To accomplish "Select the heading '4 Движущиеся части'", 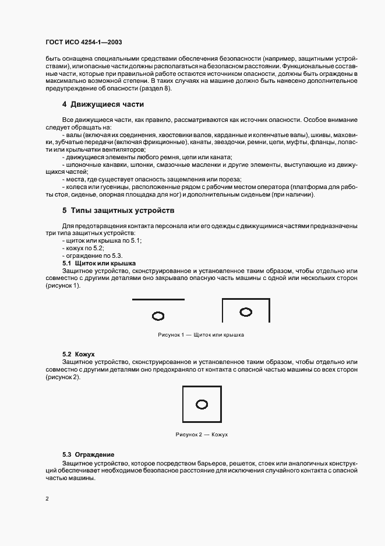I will coord(103,105).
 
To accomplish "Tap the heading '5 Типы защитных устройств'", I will coord(119,210).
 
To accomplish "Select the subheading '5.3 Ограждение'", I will coord(88,454).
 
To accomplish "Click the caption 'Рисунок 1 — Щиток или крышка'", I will coord(200,335).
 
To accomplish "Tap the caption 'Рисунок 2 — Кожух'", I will coord(201,435).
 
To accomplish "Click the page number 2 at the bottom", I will coord(47,499).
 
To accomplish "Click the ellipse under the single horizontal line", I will coord(158,316).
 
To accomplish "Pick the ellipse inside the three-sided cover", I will coord(246,313).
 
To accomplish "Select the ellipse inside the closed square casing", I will coord(202,404).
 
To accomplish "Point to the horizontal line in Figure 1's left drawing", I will coord(158,299).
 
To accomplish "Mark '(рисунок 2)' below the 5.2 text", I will coord(63,377).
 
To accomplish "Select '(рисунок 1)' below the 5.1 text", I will coord(63,286).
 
